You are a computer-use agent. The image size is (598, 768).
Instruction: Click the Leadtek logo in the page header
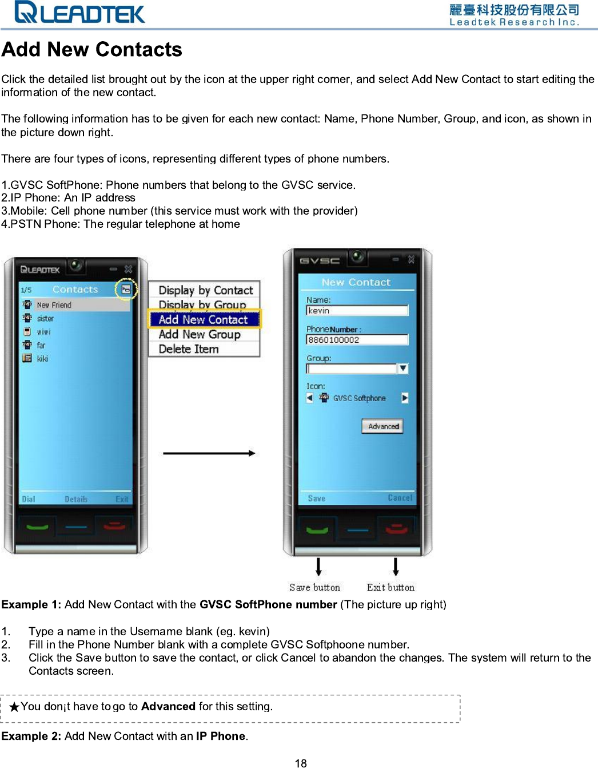coord(80,12)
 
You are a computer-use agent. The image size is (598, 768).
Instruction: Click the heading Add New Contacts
coord(91,50)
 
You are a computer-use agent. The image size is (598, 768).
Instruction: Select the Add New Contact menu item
coord(204,319)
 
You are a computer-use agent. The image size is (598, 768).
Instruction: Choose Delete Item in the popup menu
coord(189,349)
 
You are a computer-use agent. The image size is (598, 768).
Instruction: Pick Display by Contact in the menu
coord(205,290)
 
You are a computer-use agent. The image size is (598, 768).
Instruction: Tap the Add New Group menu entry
coord(200,334)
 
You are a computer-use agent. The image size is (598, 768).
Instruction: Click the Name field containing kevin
coord(357,311)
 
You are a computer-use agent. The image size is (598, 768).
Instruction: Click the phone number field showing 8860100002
coord(357,340)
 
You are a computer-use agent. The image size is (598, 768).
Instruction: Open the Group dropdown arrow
coord(403,369)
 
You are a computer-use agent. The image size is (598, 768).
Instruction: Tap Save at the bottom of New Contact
coord(316,498)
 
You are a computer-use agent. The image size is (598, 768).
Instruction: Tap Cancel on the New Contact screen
coord(400,498)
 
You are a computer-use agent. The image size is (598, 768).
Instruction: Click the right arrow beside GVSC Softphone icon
coord(405,398)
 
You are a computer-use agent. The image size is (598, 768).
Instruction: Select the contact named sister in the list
coord(45,319)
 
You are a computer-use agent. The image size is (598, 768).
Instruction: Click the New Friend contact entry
coord(54,305)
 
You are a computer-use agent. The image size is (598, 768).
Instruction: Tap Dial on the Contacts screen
coord(29,499)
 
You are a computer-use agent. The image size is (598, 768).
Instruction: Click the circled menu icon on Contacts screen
coord(126,290)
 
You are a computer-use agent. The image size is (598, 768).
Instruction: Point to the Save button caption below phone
coord(314,587)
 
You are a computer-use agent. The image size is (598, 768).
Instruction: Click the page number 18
coord(301,763)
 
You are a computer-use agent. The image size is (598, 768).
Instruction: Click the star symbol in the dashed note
coord(15,707)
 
